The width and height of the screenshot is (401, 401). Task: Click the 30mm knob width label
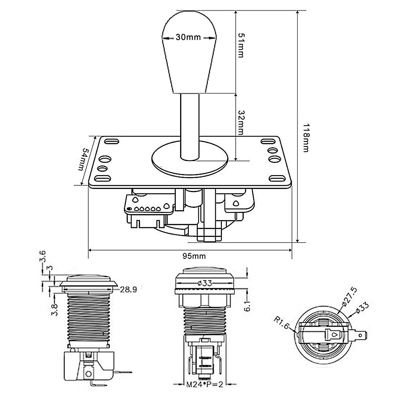click(x=188, y=37)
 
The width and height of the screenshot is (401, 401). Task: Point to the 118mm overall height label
click(x=306, y=138)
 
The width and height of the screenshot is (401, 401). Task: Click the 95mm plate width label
click(x=194, y=256)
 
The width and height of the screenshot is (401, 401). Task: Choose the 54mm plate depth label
click(x=84, y=159)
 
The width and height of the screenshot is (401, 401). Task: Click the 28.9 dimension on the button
click(x=128, y=290)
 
